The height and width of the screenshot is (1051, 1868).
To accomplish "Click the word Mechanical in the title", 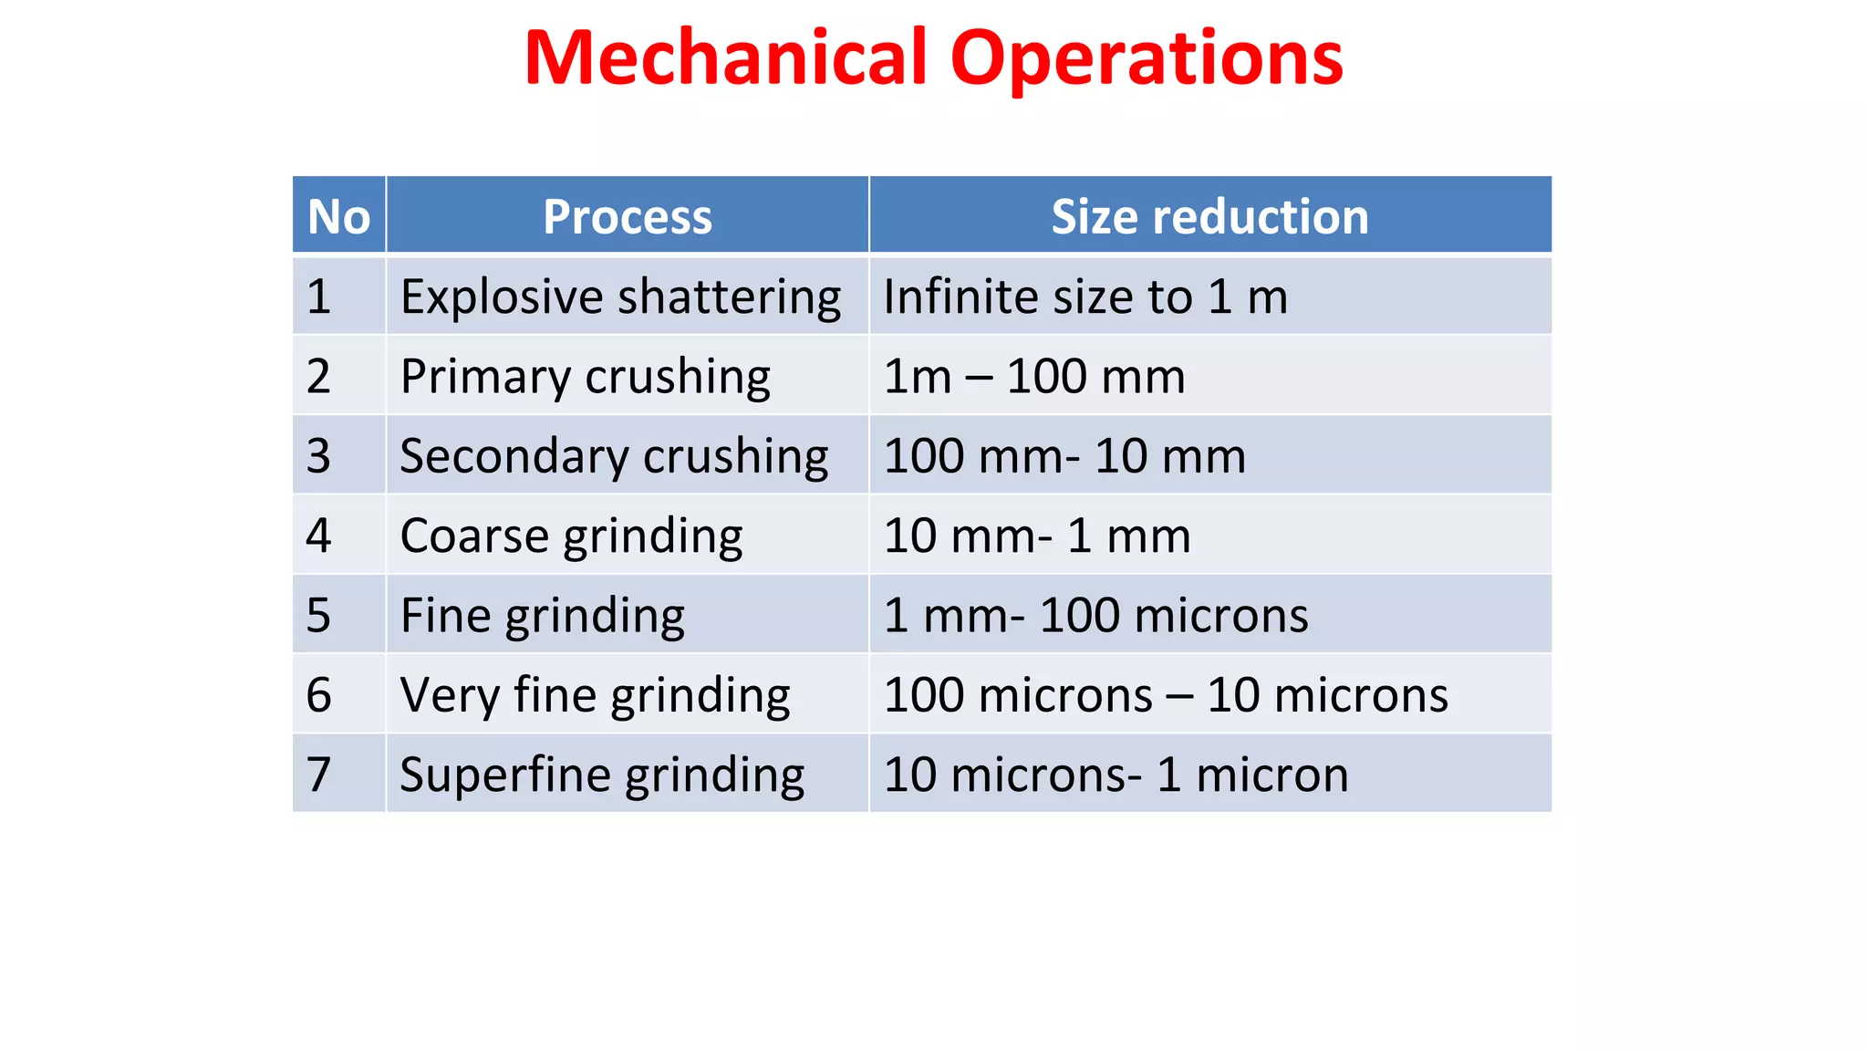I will tap(726, 58).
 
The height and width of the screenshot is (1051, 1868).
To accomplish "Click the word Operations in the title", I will tap(1146, 58).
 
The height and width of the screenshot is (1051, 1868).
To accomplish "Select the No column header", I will tap(339, 217).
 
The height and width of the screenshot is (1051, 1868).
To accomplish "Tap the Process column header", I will tap(628, 217).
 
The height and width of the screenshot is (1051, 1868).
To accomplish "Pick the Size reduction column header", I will tap(1209, 217).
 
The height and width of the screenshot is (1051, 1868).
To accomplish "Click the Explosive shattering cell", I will tap(620, 297).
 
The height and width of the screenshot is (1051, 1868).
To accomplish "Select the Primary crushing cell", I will tap(586, 377).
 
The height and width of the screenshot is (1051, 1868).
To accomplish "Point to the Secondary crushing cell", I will tap(614, 456).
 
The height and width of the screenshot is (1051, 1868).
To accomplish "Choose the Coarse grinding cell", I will tap(571, 536).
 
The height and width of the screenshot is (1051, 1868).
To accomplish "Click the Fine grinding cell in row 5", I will tap(543, 616).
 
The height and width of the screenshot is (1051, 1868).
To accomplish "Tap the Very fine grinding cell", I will tap(595, 695).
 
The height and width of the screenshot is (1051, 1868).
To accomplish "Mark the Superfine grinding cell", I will tap(602, 775).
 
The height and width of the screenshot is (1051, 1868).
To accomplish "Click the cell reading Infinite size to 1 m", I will tap(1085, 297).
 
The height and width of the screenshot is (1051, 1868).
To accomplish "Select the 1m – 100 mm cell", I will tap(1034, 377).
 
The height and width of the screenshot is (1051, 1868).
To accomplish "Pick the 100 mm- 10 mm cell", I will tap(1064, 456).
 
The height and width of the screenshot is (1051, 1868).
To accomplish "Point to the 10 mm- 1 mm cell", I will tap(1037, 536).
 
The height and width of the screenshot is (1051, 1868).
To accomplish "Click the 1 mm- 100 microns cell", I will tap(1095, 616).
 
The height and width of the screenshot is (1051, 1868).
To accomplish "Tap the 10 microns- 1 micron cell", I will tap(1116, 775).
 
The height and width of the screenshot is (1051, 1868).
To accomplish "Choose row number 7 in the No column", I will tap(318, 775).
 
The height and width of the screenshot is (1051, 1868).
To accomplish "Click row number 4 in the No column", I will tap(318, 536).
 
